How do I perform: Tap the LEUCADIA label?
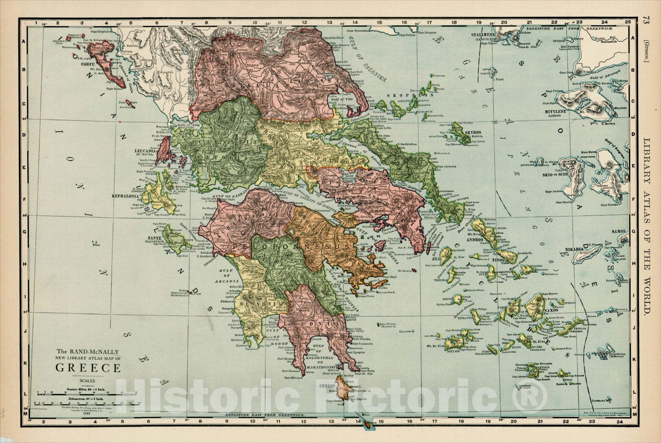(145, 151)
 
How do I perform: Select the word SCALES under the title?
(88, 381)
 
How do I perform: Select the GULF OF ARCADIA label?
(225, 276)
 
